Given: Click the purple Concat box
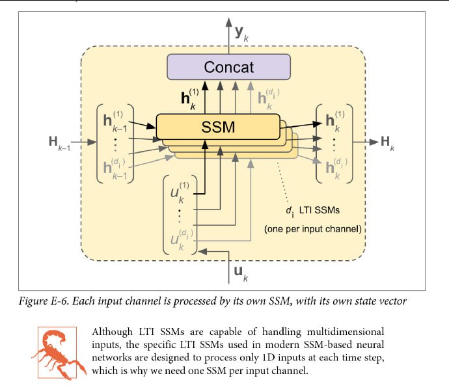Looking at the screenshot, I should pyautogui.click(x=228, y=66).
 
